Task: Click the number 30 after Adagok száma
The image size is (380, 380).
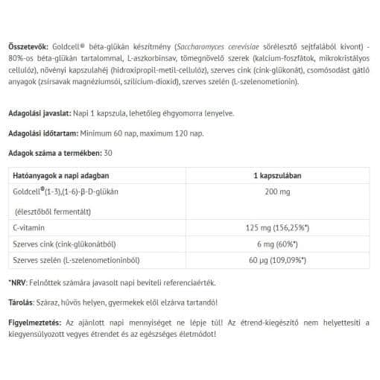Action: [110, 152]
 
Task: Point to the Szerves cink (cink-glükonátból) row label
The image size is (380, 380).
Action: [65, 244]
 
